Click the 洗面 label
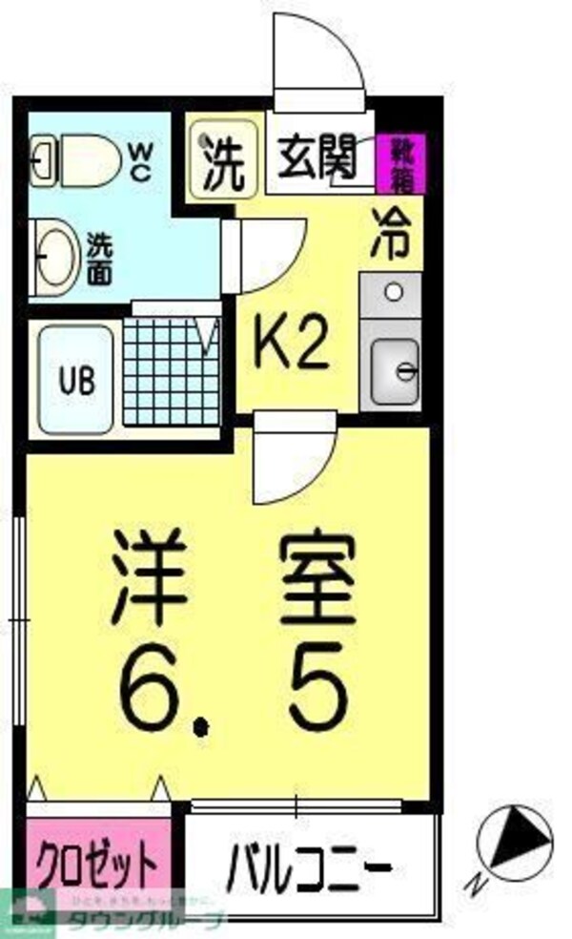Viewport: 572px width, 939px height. pos(99,259)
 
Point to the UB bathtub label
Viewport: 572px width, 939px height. pos(78,380)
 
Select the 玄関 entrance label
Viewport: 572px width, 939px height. pos(317,156)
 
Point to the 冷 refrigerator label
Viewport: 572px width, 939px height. pos(391,232)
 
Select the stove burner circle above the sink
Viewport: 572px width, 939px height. pos(392,292)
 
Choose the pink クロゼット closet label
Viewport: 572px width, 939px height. pos(95,865)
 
